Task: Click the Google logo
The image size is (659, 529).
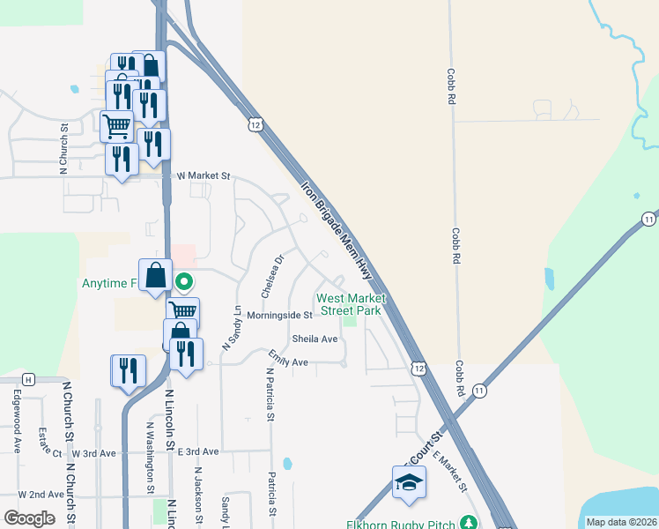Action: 29,518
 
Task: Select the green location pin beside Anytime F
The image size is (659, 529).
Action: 184,283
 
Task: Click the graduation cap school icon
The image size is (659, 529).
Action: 409,482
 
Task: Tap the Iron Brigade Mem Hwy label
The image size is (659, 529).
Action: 337,232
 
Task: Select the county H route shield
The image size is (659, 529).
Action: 29,379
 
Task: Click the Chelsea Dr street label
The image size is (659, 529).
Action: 270,276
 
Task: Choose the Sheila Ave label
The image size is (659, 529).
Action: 315,339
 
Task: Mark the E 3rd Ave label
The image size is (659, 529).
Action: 197,451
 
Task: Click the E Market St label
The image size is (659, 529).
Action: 449,473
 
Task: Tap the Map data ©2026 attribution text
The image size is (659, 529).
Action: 622,522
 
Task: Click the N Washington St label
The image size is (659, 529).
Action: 150,457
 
